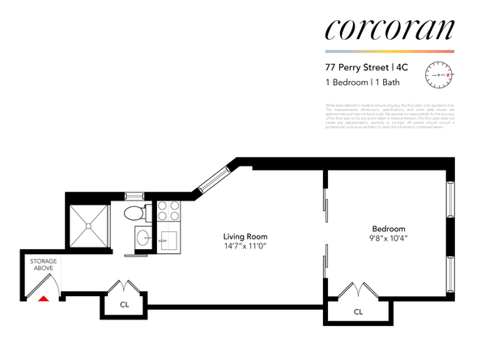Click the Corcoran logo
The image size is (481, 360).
click(x=388, y=30)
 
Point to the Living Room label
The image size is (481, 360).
click(x=245, y=236)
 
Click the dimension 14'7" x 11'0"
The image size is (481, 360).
click(x=245, y=246)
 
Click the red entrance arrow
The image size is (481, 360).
click(x=44, y=299)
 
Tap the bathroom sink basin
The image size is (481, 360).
click(x=142, y=239)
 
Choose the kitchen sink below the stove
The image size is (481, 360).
click(x=170, y=240)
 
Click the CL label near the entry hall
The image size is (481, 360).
click(x=123, y=306)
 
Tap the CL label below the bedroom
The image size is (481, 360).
click(x=357, y=311)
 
